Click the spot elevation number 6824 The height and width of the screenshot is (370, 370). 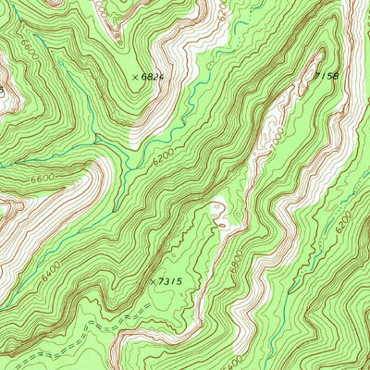(x=154, y=78)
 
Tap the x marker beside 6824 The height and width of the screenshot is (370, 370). (x=135, y=78)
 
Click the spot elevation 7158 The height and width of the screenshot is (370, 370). (x=328, y=75)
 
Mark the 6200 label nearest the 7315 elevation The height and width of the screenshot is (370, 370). (x=163, y=160)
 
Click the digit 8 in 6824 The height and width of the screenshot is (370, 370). (x=149, y=78)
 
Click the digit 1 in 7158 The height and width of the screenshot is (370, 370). (x=325, y=76)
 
